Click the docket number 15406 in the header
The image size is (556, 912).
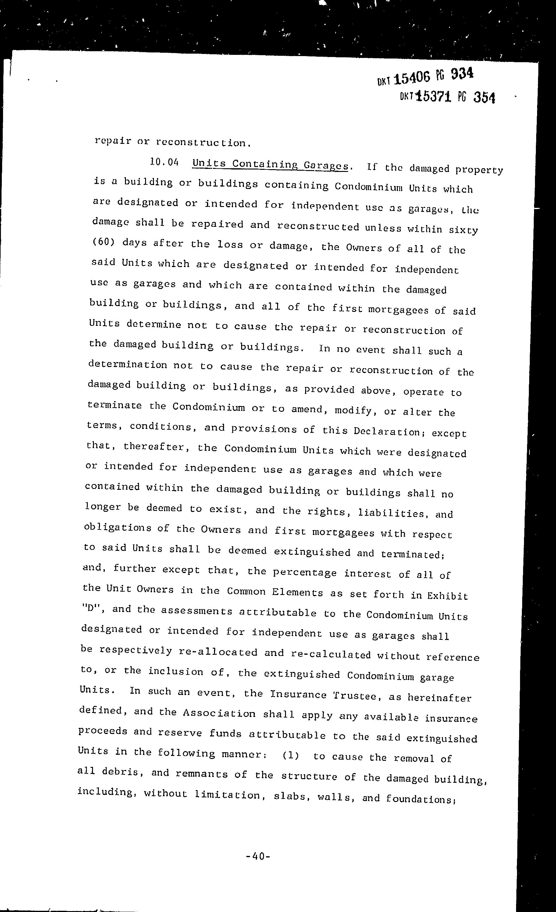click(x=412, y=78)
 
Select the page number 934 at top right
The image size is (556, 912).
click(x=462, y=74)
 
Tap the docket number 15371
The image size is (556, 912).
click(x=433, y=97)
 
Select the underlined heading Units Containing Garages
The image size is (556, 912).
click(x=270, y=165)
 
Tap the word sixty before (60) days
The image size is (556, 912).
click(x=463, y=230)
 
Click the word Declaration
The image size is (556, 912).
click(x=387, y=432)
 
